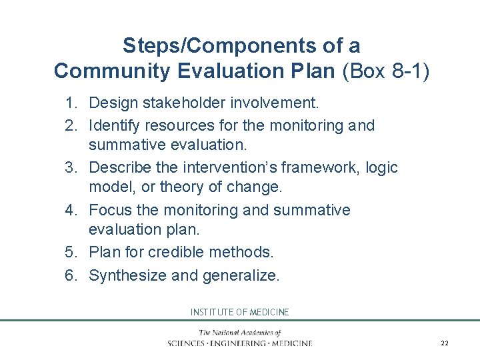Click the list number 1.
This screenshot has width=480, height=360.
pyautogui.click(x=71, y=103)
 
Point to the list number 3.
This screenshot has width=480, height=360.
pyautogui.click(x=71, y=167)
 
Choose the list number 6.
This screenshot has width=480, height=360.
pyautogui.click(x=71, y=275)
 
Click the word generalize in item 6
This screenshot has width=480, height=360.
pyautogui.click(x=241, y=275)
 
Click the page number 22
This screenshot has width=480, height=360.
pyautogui.click(x=445, y=343)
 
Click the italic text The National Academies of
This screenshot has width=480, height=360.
pyautogui.click(x=239, y=333)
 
